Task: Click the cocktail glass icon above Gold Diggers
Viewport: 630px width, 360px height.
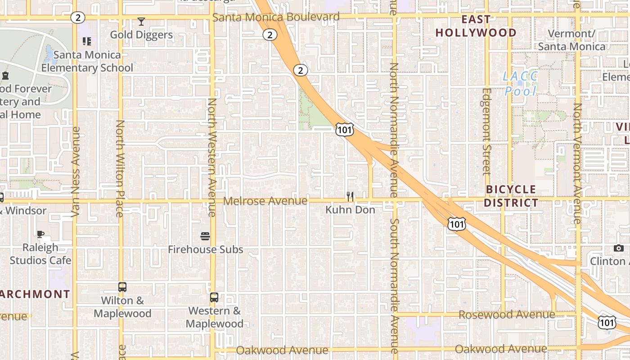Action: pyautogui.click(x=141, y=22)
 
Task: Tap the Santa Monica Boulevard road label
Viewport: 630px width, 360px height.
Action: pyautogui.click(x=276, y=17)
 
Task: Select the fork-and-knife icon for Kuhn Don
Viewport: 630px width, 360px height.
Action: pyautogui.click(x=350, y=197)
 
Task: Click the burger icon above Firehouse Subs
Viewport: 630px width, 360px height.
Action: pyautogui.click(x=205, y=236)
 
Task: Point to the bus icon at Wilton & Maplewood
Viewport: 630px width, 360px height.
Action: pyautogui.click(x=122, y=287)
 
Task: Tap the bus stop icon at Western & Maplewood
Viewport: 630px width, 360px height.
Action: pyautogui.click(x=214, y=297)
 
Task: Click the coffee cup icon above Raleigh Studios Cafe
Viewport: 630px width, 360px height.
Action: pyautogui.click(x=40, y=234)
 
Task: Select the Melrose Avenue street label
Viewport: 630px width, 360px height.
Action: pyautogui.click(x=265, y=201)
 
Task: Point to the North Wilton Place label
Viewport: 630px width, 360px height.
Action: pyautogui.click(x=120, y=169)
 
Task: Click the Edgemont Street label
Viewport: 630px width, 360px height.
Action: pyautogui.click(x=486, y=131)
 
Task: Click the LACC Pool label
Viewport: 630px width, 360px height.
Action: pyautogui.click(x=520, y=84)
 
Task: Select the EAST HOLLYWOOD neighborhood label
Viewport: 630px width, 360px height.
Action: pyautogui.click(x=476, y=26)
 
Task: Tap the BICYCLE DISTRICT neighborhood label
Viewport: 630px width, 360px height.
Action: pyautogui.click(x=511, y=196)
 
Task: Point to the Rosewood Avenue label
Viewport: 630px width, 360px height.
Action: pyautogui.click(x=506, y=315)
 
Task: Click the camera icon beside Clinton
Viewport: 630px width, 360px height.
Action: pyautogui.click(x=619, y=248)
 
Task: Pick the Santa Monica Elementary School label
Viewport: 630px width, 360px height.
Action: pyautogui.click(x=87, y=61)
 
